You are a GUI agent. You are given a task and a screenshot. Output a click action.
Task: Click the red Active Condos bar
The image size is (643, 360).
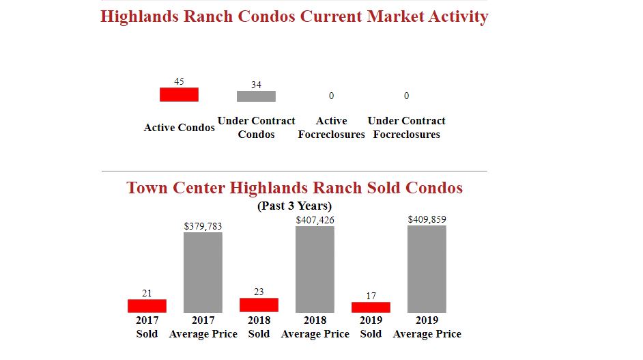click(x=179, y=94)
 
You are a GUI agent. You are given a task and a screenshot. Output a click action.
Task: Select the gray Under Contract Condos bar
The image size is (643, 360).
click(x=256, y=96)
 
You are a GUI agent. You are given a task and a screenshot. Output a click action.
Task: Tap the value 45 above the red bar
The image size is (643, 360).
click(x=179, y=81)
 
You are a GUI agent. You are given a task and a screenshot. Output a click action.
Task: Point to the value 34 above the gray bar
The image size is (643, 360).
click(x=256, y=85)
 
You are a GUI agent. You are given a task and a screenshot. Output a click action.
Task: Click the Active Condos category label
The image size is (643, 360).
click(x=180, y=128)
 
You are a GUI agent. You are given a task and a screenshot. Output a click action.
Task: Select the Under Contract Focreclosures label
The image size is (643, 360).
click(x=407, y=128)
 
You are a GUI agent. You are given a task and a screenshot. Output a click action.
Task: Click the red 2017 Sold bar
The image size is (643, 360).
click(x=147, y=306)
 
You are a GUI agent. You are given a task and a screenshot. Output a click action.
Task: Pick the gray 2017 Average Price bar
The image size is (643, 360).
click(x=203, y=273)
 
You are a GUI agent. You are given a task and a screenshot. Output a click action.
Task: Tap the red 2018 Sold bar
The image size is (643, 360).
click(x=259, y=305)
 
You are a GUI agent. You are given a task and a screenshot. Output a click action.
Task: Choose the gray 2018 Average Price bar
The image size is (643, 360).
click(x=315, y=269)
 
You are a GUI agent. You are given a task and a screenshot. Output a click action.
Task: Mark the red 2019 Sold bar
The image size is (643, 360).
click(x=371, y=307)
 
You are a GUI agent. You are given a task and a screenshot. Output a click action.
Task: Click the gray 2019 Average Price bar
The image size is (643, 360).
click(x=427, y=268)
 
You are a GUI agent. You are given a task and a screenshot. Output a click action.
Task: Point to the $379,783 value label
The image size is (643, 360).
click(x=203, y=226)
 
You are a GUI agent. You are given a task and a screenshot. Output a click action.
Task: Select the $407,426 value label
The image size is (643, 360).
click(x=315, y=220)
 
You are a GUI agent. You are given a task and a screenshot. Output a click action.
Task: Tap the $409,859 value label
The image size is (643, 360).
click(x=427, y=219)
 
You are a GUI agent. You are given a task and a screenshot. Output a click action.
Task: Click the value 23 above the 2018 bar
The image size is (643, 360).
click(x=259, y=292)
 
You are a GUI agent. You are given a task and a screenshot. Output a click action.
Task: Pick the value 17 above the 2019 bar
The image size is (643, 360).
click(x=371, y=296)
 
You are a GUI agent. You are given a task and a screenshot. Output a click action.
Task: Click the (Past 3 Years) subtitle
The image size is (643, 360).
click(x=294, y=206)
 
